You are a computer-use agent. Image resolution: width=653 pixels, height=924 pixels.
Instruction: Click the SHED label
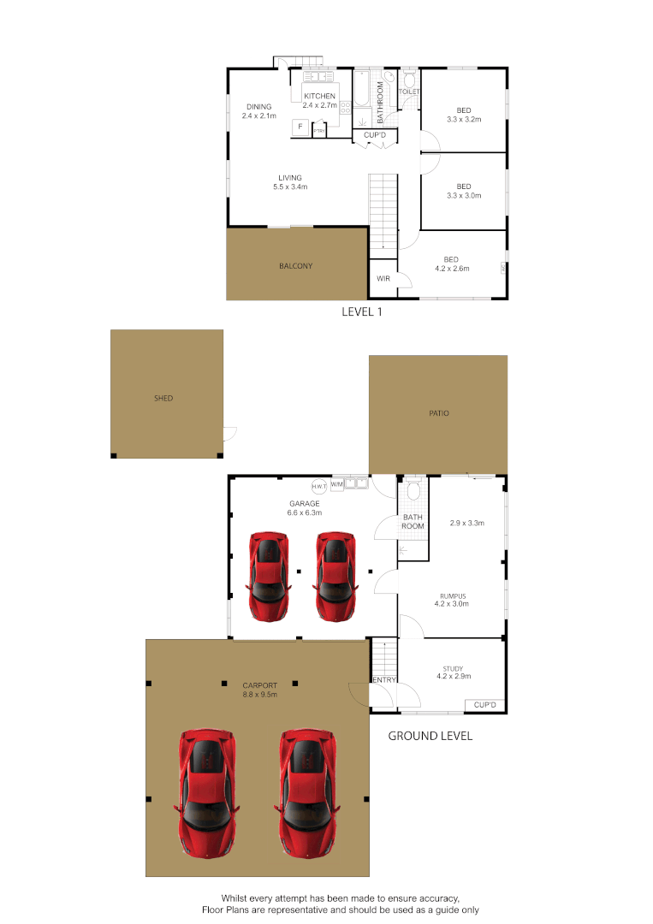163,398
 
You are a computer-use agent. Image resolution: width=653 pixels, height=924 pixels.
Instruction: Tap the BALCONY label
295,266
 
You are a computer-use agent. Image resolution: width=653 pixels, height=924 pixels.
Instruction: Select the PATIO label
439,413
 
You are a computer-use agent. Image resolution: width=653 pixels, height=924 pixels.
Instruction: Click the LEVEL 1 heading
361,312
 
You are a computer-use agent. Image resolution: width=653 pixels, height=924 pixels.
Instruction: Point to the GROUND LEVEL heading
430,736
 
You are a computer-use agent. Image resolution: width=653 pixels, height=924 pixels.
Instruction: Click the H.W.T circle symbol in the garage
319,485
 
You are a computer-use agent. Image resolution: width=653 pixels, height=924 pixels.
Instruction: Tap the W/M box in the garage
337,484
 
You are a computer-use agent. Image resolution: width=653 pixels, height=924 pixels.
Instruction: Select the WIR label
383,279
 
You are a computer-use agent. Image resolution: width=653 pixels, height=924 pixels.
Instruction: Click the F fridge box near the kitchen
300,127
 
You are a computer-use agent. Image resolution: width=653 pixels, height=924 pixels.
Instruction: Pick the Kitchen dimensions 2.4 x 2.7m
319,106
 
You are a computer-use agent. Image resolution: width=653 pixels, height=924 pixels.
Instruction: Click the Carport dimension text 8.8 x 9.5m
259,695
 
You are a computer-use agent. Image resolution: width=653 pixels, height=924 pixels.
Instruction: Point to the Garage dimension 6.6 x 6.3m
304,513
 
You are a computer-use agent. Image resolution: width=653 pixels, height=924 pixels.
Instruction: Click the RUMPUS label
452,595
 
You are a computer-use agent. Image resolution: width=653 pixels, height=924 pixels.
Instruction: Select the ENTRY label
382,680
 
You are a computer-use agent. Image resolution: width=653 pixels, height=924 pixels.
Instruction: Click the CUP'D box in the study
484,705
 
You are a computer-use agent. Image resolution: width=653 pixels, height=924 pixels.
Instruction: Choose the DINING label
258,107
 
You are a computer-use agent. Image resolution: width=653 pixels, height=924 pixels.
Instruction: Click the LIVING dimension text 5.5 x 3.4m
289,187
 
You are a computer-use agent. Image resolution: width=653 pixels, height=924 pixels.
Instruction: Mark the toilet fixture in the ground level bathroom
413,489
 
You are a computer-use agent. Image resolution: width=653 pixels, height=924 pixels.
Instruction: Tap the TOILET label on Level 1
409,91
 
